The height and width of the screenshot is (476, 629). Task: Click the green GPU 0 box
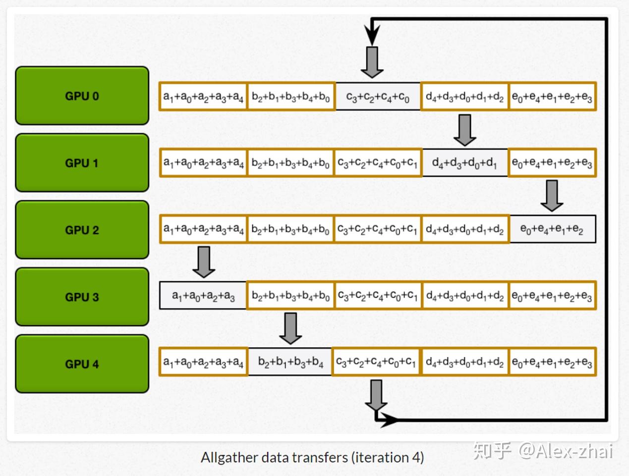pos(82,96)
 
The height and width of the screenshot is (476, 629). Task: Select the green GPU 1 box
pos(82,162)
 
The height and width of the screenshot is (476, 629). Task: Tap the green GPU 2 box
pos(82,229)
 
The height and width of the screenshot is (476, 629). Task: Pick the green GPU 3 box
pos(82,297)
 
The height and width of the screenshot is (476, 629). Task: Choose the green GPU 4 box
pos(82,364)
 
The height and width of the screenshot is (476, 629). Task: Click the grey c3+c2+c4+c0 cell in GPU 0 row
pos(378,97)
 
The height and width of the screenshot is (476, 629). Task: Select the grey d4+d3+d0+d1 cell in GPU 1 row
pos(465,162)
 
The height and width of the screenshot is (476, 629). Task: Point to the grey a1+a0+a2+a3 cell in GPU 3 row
pos(203,295)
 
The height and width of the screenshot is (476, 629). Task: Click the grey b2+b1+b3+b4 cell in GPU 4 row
pos(290,362)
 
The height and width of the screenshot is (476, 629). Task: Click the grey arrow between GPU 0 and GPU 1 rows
pos(465,130)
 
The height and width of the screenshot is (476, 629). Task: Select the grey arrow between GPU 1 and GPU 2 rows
pos(552,196)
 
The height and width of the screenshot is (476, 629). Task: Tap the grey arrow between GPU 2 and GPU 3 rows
pos(204,262)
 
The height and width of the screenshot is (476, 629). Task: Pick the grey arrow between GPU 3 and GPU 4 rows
pos(290,328)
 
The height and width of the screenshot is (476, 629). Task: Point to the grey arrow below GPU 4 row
pos(376,395)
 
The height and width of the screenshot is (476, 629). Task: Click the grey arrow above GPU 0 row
pos(372,62)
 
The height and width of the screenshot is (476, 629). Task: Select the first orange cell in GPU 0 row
pos(203,97)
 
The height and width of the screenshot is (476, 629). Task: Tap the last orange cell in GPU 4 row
pos(552,362)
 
